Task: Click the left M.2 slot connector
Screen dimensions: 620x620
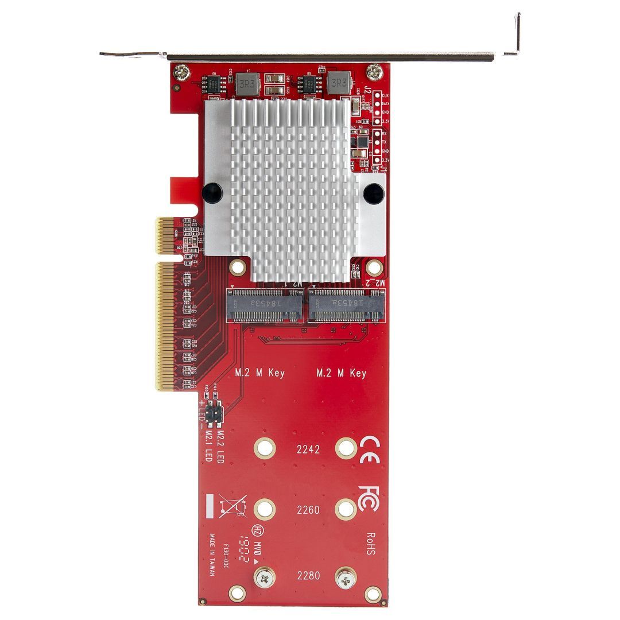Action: [x=265, y=305]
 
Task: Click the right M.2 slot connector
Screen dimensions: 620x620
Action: [x=347, y=305]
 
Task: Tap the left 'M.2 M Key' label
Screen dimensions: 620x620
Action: [x=260, y=373]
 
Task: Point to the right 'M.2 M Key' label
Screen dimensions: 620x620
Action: [x=342, y=373]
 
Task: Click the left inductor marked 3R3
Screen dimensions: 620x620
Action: [x=246, y=84]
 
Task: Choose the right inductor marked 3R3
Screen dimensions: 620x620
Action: [x=338, y=84]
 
